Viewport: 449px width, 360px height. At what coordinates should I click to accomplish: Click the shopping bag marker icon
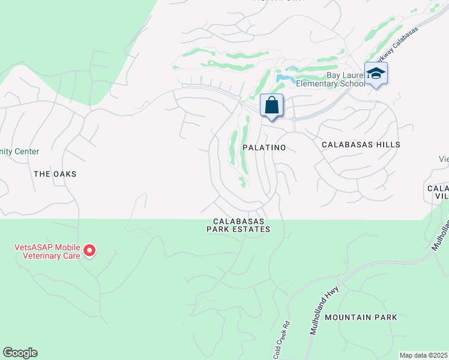[271, 106]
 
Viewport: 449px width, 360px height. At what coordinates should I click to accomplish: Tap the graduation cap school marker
[376, 74]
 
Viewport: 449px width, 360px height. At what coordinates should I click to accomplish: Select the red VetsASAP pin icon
[89, 250]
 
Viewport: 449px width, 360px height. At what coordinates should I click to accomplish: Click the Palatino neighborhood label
[264, 146]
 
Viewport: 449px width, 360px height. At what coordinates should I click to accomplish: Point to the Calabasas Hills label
[361, 145]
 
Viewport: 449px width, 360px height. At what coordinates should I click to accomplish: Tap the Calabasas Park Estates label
[238, 225]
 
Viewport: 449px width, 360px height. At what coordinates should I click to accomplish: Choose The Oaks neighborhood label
[55, 173]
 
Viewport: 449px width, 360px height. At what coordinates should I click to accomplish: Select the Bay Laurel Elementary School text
[346, 79]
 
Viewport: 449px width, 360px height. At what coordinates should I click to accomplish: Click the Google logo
[20, 353]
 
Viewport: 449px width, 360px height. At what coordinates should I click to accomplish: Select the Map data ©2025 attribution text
[423, 355]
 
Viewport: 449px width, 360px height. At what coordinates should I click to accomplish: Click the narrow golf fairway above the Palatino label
[234, 147]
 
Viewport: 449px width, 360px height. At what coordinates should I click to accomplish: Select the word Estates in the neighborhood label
[253, 229]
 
